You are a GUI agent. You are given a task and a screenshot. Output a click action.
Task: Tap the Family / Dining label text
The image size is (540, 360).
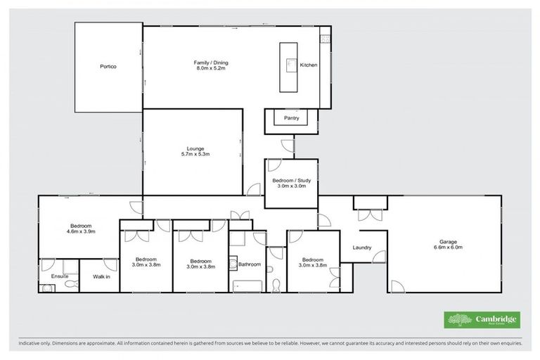211,63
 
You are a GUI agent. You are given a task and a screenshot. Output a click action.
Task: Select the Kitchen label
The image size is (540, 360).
309,65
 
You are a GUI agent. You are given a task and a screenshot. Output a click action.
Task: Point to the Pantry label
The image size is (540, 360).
291,118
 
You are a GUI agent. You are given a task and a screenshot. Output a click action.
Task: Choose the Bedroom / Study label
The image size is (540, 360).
290,181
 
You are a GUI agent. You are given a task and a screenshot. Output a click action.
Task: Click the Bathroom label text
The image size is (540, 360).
250,264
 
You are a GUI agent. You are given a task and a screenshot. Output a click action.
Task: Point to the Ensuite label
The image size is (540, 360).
51,276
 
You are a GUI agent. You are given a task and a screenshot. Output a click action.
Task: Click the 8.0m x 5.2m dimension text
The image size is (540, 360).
211,68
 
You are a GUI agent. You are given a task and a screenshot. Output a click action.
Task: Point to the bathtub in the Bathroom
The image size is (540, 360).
245,285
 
